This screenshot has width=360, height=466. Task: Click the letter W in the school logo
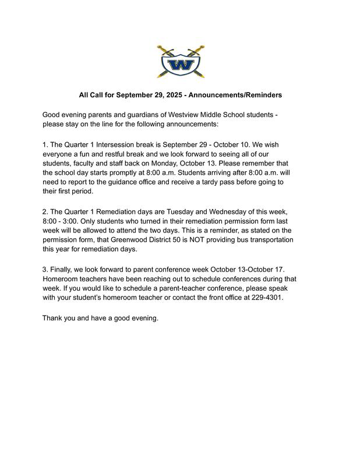180,63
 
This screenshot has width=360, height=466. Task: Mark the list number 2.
45,211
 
